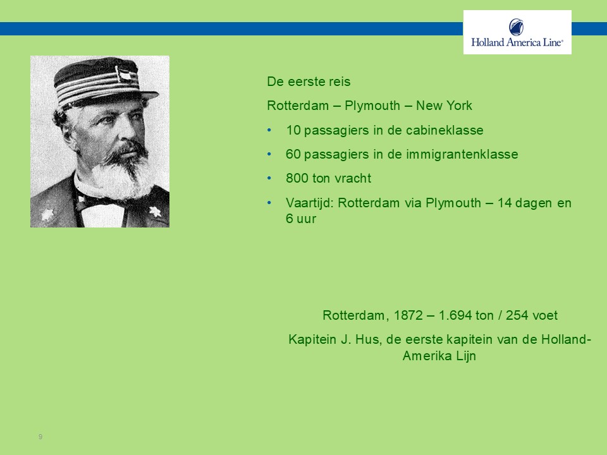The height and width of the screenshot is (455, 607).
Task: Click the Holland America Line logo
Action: coord(517,32)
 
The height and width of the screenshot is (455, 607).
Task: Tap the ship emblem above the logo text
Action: coord(517,27)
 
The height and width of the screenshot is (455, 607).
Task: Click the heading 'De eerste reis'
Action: coord(309,82)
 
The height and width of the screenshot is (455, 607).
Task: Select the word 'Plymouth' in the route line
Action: coord(372,106)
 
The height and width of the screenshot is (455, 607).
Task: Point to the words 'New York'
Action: coord(444,106)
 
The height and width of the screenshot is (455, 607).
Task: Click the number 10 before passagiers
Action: coord(293,130)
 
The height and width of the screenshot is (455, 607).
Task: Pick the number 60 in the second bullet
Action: coord(293,154)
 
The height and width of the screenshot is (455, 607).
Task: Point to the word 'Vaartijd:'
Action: coord(309,203)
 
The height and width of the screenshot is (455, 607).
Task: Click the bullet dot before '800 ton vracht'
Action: coord(269,178)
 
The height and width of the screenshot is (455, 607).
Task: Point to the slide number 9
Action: coord(40,437)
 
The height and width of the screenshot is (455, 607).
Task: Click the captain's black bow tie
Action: coord(99,201)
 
